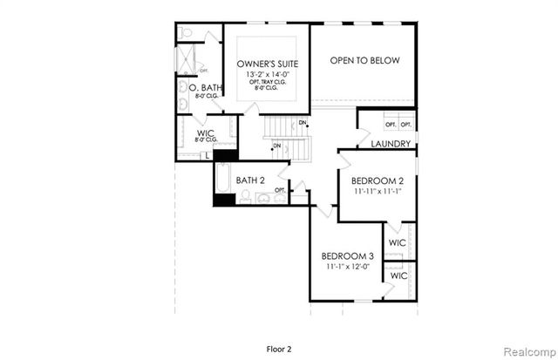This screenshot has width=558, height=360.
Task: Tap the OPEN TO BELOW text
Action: point(364,60)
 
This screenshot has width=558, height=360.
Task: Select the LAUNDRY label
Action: point(391,143)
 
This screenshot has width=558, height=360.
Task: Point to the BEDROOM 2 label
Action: point(376,181)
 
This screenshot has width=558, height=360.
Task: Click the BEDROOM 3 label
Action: point(347,255)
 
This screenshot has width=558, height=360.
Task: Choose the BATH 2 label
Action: point(250,180)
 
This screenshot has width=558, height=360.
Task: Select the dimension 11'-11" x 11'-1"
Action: point(377,191)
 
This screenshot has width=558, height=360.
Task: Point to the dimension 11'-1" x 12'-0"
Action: point(347,266)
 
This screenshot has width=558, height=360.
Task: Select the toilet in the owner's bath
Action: point(185,32)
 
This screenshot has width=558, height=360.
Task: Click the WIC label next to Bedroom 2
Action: point(397,241)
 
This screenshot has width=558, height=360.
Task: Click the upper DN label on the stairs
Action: point(302,123)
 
